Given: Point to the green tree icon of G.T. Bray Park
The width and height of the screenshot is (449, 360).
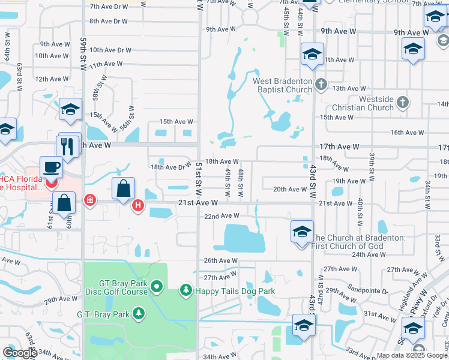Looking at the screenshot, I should tap(139, 314).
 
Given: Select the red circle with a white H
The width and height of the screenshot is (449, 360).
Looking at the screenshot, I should tap(138, 206).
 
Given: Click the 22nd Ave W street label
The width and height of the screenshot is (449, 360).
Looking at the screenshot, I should tap(222, 216).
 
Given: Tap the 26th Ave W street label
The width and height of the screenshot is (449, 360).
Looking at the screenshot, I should tap(221, 260).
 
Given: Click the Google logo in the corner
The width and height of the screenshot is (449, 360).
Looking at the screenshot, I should tap(19, 353).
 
